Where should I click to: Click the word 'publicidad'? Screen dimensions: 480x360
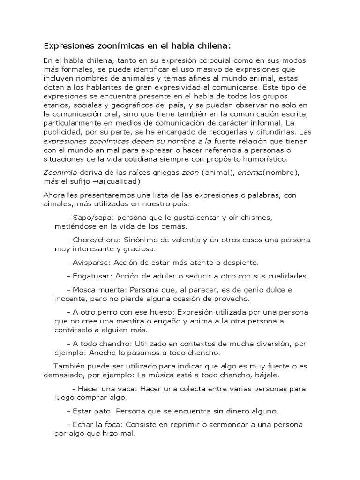click(x=64, y=132)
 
